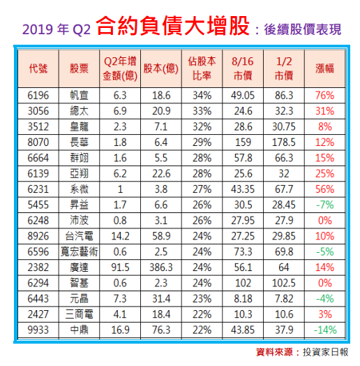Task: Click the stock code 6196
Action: coord(40,94)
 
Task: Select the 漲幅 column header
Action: coord(324,68)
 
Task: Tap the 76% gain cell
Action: coord(324,94)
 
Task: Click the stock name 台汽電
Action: coord(80,236)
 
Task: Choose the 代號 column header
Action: coord(40,68)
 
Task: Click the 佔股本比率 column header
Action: coord(202,68)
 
